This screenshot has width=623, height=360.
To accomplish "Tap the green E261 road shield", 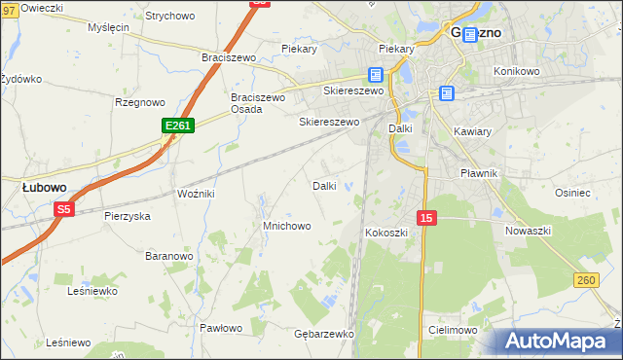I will [178, 126].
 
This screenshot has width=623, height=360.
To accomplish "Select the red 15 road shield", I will [426, 219].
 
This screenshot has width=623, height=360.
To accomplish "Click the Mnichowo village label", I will [286, 226].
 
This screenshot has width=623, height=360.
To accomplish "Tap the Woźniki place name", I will [195, 194].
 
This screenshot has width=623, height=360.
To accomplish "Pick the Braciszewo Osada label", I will [257, 103].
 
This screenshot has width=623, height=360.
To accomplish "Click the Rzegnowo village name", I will [140, 101].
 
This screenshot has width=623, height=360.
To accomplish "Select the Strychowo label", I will [169, 16].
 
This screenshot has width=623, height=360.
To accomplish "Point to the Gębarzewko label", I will [322, 333].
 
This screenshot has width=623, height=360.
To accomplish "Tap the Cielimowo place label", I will [452, 330].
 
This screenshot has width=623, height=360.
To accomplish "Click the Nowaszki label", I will [529, 231].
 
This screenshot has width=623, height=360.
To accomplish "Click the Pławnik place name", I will [479, 173].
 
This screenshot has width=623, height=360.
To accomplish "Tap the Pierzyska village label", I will [127, 216].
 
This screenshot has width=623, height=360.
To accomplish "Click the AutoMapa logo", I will [559, 342].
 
